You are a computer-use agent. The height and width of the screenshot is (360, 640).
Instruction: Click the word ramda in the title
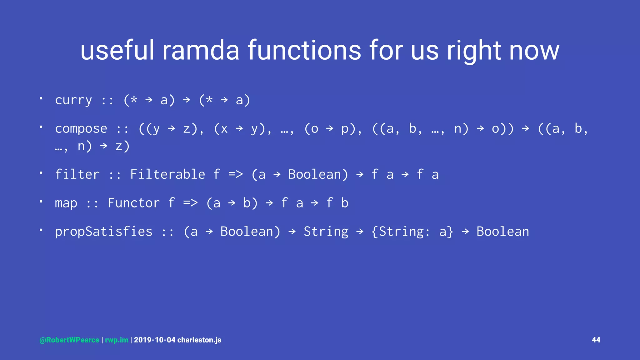pyautogui.click(x=201, y=51)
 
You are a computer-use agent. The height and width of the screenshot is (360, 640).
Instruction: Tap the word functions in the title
pyautogui.click(x=304, y=51)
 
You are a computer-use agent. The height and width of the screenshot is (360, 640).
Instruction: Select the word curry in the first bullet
pyautogui.click(x=73, y=100)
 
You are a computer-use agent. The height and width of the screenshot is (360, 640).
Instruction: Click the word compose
pyautogui.click(x=81, y=129)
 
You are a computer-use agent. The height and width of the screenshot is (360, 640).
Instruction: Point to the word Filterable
pyautogui.click(x=167, y=174)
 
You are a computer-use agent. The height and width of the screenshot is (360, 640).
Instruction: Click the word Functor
pyautogui.click(x=133, y=203)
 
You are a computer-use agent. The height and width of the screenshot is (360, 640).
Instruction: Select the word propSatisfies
pyautogui.click(x=103, y=232)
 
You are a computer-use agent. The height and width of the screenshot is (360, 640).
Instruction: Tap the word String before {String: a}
pyautogui.click(x=326, y=232)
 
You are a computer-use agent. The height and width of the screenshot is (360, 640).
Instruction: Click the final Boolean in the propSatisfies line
pyautogui.click(x=502, y=232)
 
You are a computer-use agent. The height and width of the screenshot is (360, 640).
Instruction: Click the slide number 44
pyautogui.click(x=596, y=340)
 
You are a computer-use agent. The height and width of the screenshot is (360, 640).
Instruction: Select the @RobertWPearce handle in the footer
pyautogui.click(x=69, y=340)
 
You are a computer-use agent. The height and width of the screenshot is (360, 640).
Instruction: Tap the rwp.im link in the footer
pyautogui.click(x=117, y=340)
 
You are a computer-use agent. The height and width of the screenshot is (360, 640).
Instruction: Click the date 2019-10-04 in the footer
pyautogui.click(x=155, y=340)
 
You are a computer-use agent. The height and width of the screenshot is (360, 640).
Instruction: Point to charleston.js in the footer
pyautogui.click(x=199, y=340)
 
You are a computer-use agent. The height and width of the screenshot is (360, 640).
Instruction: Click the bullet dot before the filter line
pyautogui.click(x=41, y=173)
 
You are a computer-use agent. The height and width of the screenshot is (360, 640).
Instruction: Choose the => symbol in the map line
pyautogui.click(x=190, y=203)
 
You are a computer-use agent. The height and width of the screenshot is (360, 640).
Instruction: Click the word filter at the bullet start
pyautogui.click(x=77, y=174)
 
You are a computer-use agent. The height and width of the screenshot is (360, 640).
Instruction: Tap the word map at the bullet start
pyautogui.click(x=66, y=203)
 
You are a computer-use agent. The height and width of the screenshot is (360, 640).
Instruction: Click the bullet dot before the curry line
pyautogui.click(x=41, y=98)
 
